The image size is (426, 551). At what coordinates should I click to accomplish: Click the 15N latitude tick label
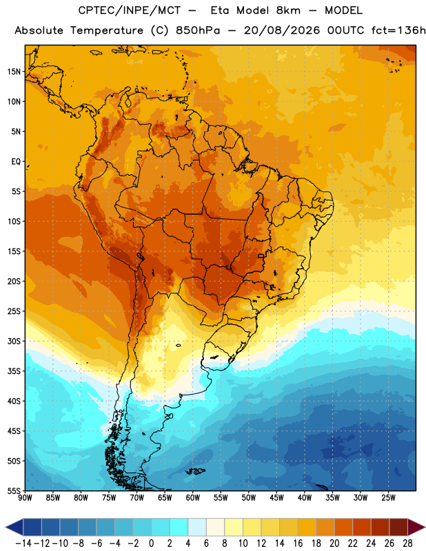coord(14,72)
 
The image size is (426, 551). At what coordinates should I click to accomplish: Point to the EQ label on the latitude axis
coord(16,162)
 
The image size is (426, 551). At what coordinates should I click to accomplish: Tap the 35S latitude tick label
coord(14,371)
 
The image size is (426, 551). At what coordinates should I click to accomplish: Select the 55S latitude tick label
coord(14,490)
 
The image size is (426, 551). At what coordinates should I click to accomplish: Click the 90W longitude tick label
coord(26,498)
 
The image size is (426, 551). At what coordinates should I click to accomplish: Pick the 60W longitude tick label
coord(193,498)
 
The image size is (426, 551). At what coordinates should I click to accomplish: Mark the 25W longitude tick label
coord(388,498)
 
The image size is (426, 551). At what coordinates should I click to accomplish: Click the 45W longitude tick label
coord(277,498)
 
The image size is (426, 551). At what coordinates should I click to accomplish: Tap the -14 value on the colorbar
coord(23,543)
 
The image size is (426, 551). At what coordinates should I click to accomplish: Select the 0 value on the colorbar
coord(151,543)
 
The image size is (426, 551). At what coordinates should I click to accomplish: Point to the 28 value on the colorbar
coord(407,543)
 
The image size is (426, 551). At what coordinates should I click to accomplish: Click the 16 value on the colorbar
coord(298,543)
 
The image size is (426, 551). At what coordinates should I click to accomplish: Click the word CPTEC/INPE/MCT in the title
coord(129,10)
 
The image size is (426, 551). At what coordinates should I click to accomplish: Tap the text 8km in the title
coord(288,10)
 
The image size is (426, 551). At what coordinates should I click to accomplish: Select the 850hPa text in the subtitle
coord(198,30)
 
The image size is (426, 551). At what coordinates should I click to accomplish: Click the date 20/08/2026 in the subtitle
coord(282,30)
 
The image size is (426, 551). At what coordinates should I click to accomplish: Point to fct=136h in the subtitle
coord(398,30)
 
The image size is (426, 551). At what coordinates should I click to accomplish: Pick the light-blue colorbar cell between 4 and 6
coord(197,527)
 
